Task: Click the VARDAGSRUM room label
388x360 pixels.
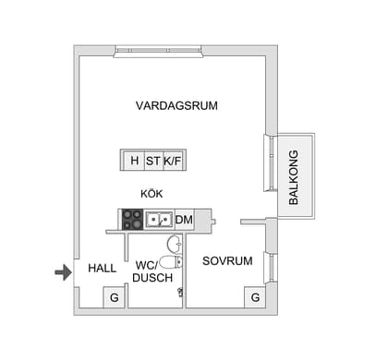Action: [x=176, y=106]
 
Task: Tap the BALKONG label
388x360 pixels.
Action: [x=294, y=176]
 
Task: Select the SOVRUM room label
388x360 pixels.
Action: [x=227, y=261]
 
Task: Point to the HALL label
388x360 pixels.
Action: [x=102, y=268]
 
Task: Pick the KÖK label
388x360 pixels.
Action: [x=152, y=195]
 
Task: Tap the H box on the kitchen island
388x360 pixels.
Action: [x=134, y=161]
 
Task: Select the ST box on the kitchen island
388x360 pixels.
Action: [x=152, y=161]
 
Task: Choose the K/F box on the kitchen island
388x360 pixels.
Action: [x=174, y=161]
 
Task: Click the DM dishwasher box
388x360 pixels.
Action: [x=184, y=220]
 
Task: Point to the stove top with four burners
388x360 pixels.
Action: [x=132, y=220]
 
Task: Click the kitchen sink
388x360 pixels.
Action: [x=158, y=220]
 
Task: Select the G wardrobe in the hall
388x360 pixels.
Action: [x=114, y=297]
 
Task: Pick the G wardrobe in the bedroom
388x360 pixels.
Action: [x=255, y=297]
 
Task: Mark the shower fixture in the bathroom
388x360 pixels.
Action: [x=180, y=292]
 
